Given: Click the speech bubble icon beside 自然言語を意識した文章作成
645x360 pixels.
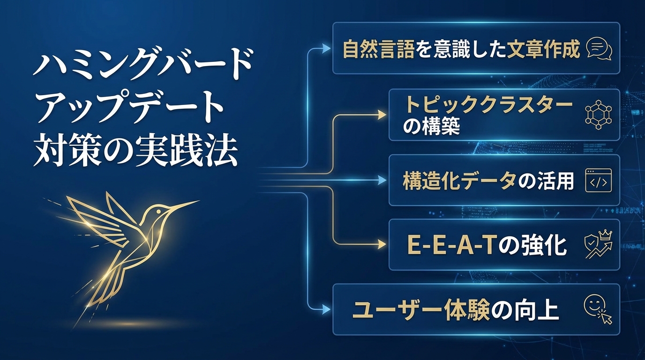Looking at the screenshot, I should point(599,48).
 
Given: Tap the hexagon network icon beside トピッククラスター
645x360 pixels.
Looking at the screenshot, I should point(599,114).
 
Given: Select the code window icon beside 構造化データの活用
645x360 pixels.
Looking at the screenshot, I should point(599,180).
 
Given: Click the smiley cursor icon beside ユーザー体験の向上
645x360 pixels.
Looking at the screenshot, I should point(598,310).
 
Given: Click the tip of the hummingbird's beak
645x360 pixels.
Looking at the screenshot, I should point(198,202).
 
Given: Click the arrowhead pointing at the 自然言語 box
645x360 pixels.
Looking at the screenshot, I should point(326,48).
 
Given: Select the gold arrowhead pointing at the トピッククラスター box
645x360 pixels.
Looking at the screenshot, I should point(382,114).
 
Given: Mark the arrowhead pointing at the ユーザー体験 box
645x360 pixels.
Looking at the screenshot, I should point(326,310).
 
